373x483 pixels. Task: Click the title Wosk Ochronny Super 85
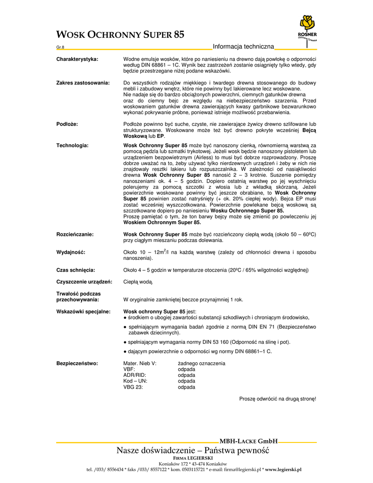coord(120,34)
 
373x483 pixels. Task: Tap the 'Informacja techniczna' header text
coord(243,46)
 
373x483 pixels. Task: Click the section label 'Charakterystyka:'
coord(77,59)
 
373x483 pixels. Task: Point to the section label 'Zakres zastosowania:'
coord(83,83)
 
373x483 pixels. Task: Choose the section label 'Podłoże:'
coord(67,124)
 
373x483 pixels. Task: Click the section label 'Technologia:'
coord(73,145)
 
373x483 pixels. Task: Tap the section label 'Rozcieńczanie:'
coord(75,234)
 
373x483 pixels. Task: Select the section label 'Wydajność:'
coord(71,252)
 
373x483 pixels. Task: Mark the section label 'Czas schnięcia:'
coord(76,270)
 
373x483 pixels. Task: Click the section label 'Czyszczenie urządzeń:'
coord(84,282)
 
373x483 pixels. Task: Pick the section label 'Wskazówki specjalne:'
coord(83,312)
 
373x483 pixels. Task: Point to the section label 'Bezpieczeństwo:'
coord(77,364)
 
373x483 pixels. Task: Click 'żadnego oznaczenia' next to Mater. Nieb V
coord(201,364)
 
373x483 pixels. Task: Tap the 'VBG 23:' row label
coord(133,387)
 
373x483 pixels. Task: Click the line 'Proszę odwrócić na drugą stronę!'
coord(278,399)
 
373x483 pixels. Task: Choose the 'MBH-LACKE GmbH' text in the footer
coord(249,441)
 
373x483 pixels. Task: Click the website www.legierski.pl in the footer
coord(283,470)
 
